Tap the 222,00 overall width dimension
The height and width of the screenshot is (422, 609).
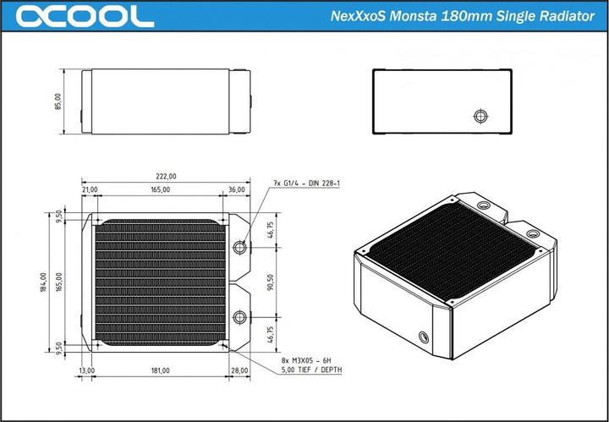pos(166,177)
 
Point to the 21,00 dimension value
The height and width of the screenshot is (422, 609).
pos(89,190)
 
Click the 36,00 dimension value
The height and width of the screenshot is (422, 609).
pos(236,190)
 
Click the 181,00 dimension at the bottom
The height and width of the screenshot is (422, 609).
pos(160,370)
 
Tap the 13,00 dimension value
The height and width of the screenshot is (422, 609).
pos(87,370)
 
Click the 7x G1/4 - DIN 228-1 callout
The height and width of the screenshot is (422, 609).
pos(306,184)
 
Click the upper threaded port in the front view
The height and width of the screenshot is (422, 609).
pos(239,247)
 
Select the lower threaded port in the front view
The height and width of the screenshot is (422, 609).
pos(239,316)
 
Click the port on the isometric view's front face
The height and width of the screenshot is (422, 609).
pos(421,334)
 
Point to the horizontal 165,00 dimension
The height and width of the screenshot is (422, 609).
pos(161,190)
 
